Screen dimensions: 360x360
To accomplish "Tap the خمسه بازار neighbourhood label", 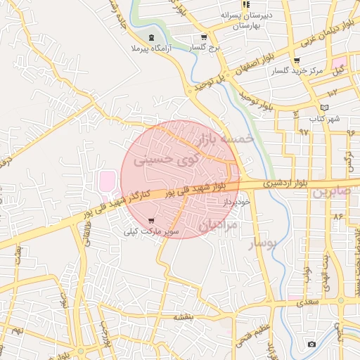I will point(226,138).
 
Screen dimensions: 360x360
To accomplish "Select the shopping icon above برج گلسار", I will point(204,37).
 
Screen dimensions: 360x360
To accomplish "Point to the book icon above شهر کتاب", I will point(324,107).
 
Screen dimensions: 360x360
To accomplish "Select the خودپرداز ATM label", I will point(237,202).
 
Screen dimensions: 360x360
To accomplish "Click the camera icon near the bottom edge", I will point(311,344).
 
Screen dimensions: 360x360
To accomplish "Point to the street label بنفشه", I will point(184,317).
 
